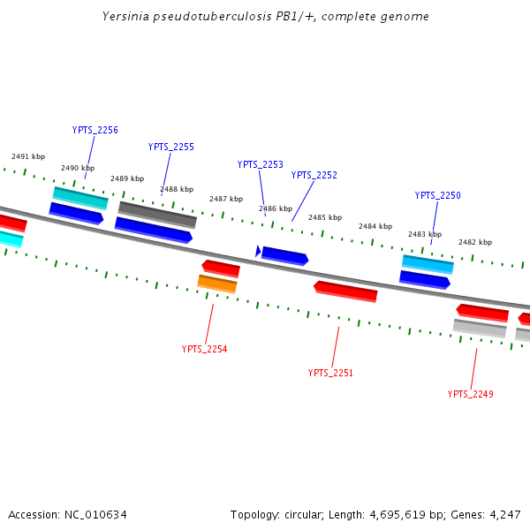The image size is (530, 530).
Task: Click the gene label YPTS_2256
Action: pyautogui.click(x=95, y=130)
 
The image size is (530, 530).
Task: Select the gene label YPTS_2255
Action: pyautogui.click(x=170, y=147)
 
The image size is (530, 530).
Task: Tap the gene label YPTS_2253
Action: pyautogui.click(x=260, y=164)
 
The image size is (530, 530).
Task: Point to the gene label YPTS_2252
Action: pyautogui.click(x=314, y=175)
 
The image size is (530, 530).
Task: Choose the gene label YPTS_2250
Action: pyautogui.click(x=437, y=195)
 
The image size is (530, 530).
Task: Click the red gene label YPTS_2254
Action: pyautogui.click(x=204, y=349)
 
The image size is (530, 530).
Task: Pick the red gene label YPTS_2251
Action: pyautogui.click(x=330, y=373)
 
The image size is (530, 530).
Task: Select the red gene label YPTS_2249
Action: pyautogui.click(x=470, y=394)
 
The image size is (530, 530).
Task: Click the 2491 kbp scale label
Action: pyautogui.click(x=28, y=156)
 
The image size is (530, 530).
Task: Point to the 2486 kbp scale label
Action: pyautogui.click(x=276, y=208)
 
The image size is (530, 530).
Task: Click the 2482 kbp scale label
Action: pyautogui.click(x=475, y=242)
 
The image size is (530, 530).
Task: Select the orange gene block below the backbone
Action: pyautogui.click(x=217, y=284)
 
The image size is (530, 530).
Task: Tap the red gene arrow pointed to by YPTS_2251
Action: pyautogui.click(x=345, y=291)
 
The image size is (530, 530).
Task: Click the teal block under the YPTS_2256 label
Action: pyautogui.click(x=80, y=198)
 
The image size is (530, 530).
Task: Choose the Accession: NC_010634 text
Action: pyautogui.click(x=69, y=514)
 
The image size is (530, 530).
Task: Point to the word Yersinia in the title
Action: pyautogui.click(x=125, y=16)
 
